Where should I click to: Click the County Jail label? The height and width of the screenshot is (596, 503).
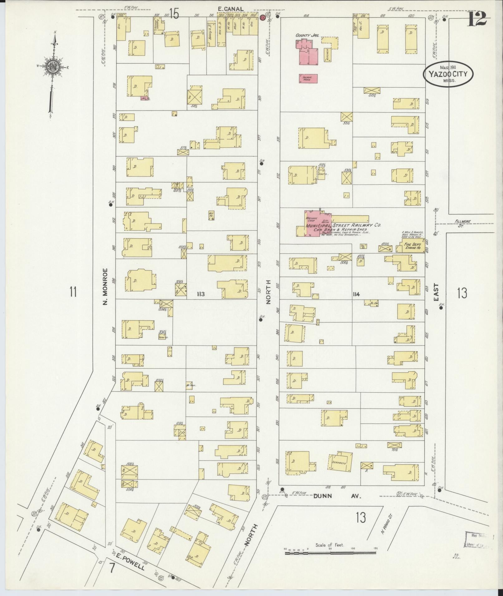[305, 36]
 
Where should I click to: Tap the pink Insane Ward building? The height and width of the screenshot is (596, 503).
[308, 79]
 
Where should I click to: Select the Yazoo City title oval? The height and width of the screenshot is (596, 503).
[448, 74]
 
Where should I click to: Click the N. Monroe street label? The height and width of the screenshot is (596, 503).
[105, 286]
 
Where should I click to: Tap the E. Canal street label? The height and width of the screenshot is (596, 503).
[230, 9]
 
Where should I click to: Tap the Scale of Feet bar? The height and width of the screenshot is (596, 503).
[331, 553]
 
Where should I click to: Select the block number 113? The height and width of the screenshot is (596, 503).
[201, 294]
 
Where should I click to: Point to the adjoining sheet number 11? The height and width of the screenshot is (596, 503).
[73, 292]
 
